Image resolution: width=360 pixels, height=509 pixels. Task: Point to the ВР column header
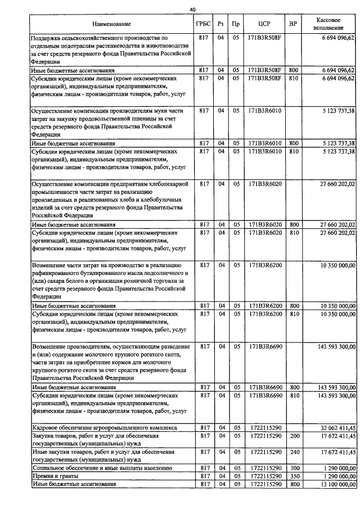click(x=293, y=25)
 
